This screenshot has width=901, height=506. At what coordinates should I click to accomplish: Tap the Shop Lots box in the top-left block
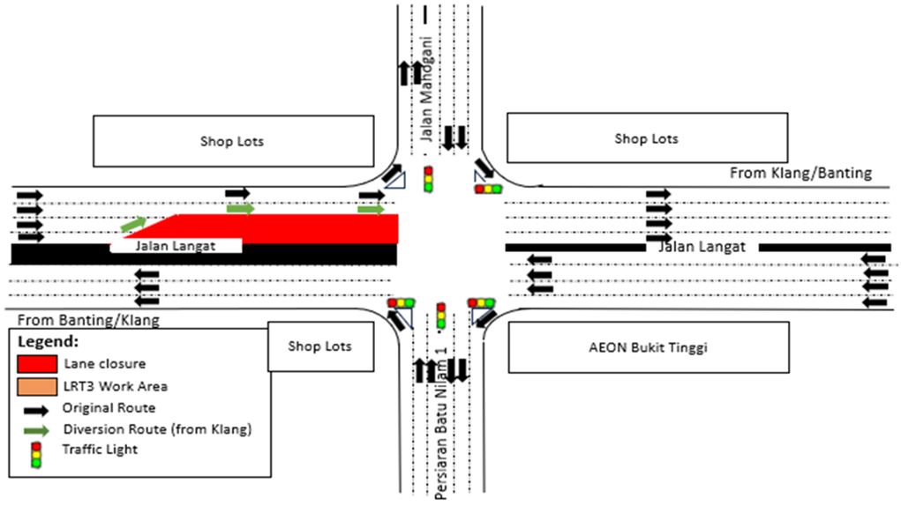point(232,141)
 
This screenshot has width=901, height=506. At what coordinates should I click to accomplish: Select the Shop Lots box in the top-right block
point(646,138)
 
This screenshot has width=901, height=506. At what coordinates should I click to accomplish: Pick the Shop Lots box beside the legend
point(319,346)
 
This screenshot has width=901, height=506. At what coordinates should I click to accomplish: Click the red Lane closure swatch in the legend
point(36,363)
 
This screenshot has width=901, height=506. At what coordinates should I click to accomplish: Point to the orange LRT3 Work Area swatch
point(36,385)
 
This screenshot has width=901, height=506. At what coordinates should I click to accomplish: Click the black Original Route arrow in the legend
point(36,408)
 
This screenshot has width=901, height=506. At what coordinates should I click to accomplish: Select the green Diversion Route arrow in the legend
point(36,431)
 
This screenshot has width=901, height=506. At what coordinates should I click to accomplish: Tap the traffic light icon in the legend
point(36,454)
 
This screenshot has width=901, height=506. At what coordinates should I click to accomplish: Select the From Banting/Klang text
point(88,317)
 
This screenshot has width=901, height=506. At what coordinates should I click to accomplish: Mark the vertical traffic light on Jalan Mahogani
point(429,179)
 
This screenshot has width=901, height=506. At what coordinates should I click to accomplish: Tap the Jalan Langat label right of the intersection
point(702,248)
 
